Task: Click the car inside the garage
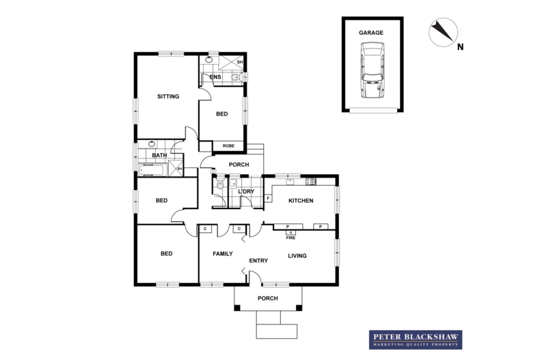[373, 71]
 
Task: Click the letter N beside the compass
[461, 47]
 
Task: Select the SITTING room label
[167, 97]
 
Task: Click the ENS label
[215, 77]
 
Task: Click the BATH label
[150, 155]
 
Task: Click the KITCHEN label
[300, 201]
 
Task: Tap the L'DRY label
[246, 191]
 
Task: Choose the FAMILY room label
[223, 253]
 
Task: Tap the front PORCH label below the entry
[267, 299]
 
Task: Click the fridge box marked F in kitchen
[267, 198]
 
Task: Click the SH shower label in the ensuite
[239, 63]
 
